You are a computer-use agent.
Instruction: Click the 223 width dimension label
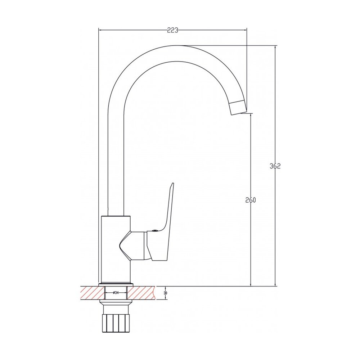pyautogui.click(x=172, y=30)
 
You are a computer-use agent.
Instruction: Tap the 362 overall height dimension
pyautogui.click(x=275, y=166)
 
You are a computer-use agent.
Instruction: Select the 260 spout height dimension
pyautogui.click(x=250, y=200)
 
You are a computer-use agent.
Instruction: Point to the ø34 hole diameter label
pyautogui.click(x=116, y=293)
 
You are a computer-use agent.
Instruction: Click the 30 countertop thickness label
pyautogui.click(x=165, y=293)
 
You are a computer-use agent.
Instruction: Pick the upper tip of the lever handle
pyautogui.click(x=173, y=183)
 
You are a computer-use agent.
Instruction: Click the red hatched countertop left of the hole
pyautogui.click(x=92, y=293)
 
